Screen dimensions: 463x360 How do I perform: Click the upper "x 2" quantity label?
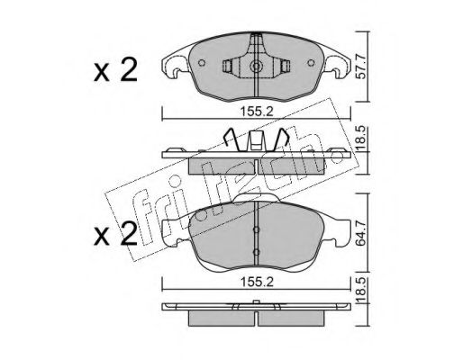(x=115, y=70)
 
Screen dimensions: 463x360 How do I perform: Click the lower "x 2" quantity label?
(x=115, y=234)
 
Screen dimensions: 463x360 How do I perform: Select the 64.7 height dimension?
(x=361, y=233)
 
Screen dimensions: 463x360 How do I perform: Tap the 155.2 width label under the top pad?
(x=257, y=112)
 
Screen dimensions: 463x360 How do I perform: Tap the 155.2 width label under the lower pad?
(x=257, y=283)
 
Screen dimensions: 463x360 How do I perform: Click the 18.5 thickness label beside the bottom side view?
(x=361, y=290)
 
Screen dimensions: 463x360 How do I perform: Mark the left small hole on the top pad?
(x=202, y=63)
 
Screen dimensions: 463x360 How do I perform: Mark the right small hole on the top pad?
(x=312, y=63)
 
